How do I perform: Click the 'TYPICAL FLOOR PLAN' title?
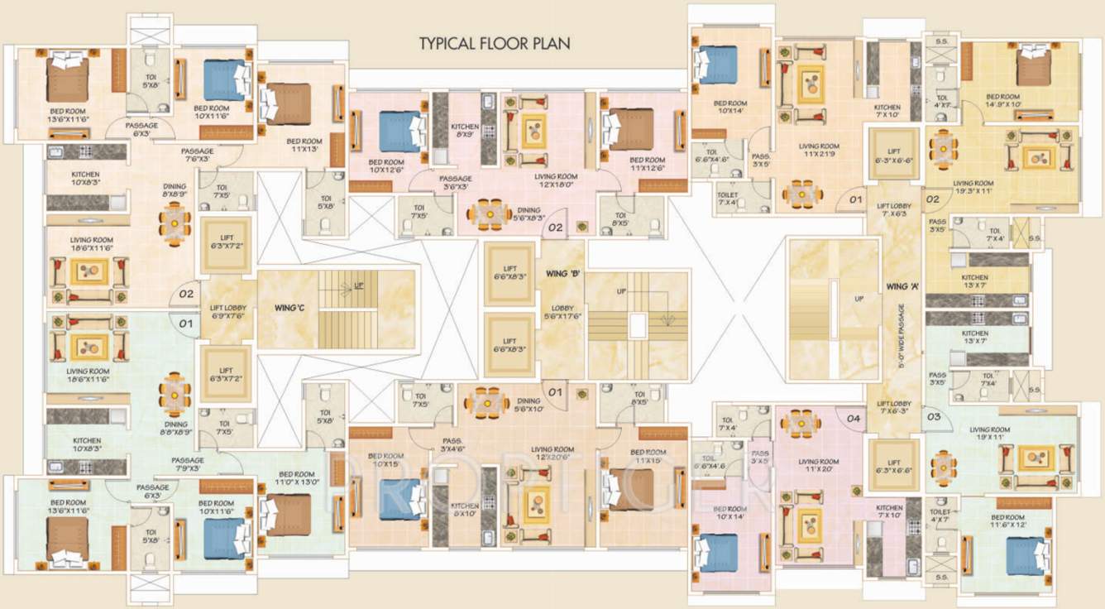(495, 43)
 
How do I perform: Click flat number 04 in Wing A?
(854, 419)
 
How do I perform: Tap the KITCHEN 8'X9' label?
(464, 130)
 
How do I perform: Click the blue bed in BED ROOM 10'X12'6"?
(400, 131)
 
